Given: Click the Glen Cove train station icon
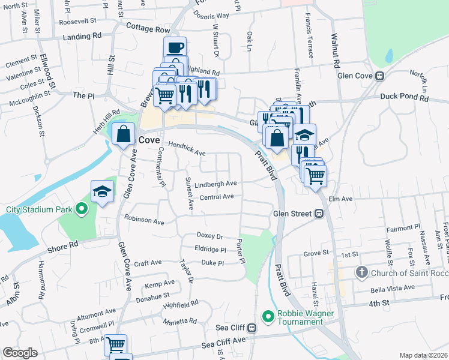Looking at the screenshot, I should point(379,76).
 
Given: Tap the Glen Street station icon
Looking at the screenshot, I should point(320,213).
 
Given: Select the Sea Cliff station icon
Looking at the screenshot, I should point(252,328).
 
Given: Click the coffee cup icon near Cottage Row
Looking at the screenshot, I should point(175,47).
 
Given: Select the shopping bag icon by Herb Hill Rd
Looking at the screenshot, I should point(124,134).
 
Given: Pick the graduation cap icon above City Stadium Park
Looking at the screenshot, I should point(102,191).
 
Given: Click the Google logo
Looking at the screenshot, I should point(19,353).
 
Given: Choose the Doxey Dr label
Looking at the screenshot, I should point(210,236).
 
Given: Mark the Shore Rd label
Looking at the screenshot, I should point(64,244).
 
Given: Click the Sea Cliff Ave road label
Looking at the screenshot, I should point(224,344).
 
